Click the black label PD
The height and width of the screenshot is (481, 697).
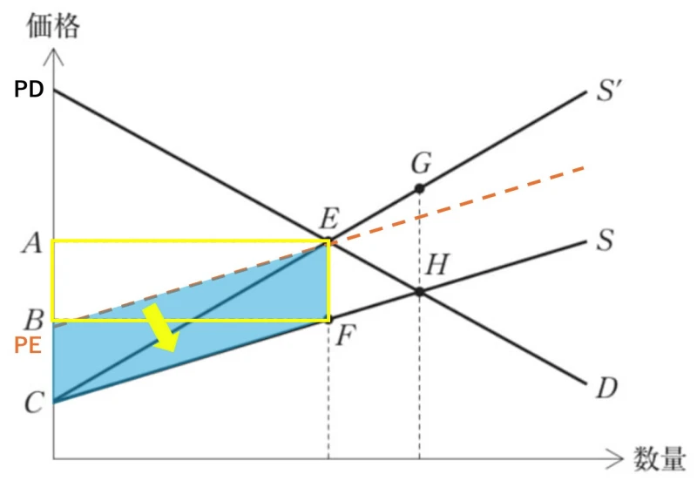coord(29,89)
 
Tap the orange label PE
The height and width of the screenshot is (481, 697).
coord(28,345)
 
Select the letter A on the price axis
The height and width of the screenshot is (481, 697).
coord(31,243)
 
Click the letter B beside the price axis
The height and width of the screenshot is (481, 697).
coord(34,319)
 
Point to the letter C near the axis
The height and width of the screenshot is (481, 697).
coord(34,403)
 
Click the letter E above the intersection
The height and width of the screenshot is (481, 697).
coord(329,219)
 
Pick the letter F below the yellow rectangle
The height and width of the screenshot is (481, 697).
coord(345,335)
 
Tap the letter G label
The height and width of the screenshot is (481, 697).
coord(421,163)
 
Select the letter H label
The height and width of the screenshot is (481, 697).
coord(436,265)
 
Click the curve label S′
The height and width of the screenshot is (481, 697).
coord(609,91)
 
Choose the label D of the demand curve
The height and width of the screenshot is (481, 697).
coord(606,388)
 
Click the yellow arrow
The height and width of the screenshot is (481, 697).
coord(161,328)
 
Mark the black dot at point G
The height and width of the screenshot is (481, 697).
coord(419,188)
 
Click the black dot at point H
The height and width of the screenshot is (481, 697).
coord(419,292)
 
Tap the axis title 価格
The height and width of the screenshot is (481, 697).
coord(53,25)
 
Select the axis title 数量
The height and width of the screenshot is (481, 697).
coord(660,457)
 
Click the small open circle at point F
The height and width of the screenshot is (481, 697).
coord(328,319)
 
